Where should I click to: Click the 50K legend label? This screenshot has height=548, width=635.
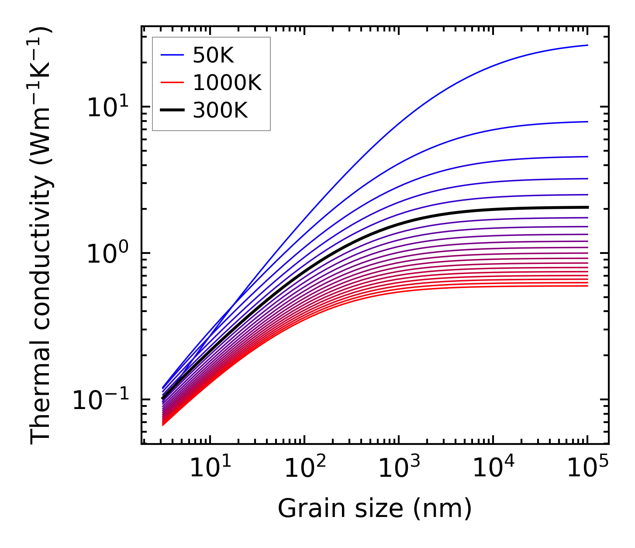click(214, 55)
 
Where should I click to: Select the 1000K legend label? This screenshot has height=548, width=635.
click(227, 83)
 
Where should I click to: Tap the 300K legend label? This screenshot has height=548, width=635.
click(220, 111)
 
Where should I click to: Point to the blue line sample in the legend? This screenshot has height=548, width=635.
click(173, 55)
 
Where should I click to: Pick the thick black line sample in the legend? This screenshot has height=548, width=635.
click(173, 111)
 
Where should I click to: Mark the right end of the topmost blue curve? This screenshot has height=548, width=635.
click(588, 45)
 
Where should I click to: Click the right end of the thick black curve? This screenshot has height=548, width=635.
click(588, 207)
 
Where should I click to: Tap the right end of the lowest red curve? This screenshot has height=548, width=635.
click(588, 286)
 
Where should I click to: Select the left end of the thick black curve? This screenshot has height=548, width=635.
click(163, 398)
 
